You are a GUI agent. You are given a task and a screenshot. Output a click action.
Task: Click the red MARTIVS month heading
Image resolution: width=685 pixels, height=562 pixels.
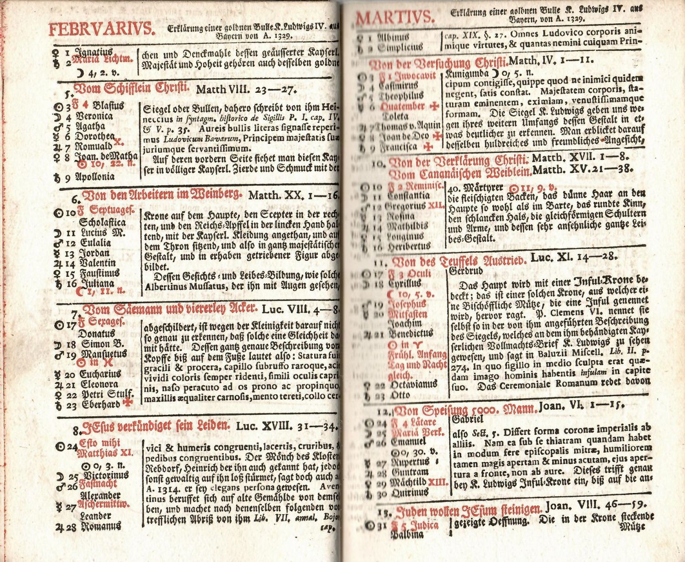point(395,19)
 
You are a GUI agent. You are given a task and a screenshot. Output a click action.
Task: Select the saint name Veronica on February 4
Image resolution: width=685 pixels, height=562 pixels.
point(95,116)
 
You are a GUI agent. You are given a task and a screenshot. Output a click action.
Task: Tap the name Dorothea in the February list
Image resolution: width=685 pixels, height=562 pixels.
point(95,136)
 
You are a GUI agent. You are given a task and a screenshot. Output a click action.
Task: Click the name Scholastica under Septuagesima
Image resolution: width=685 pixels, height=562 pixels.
point(102,223)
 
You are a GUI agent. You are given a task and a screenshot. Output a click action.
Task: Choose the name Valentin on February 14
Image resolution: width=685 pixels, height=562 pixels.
point(97,263)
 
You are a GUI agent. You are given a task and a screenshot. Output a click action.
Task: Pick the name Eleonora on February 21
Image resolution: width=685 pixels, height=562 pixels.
point(99,384)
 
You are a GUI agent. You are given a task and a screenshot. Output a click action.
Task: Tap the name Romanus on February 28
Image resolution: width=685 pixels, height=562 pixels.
point(100,526)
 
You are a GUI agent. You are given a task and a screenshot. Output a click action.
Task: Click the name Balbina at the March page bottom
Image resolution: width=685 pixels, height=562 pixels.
point(407,535)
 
